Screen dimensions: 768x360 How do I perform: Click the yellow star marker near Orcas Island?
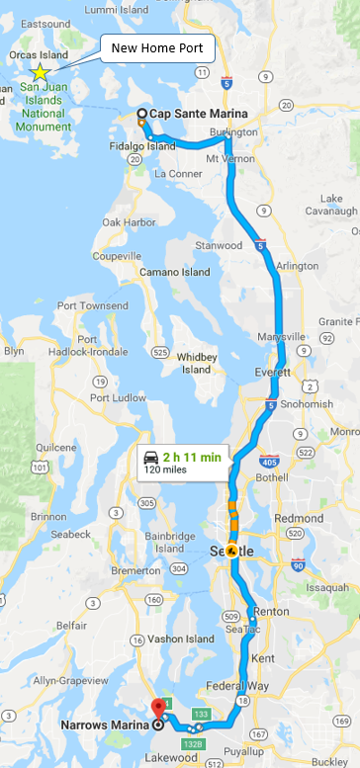40,72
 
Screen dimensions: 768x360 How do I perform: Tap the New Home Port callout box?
151,46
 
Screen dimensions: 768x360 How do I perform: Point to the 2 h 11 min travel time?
196,456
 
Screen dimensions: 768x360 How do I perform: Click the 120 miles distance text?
166,469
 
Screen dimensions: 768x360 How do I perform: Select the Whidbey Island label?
195,363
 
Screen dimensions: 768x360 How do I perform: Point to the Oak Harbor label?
129,222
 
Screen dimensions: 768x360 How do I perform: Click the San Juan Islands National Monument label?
42,98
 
